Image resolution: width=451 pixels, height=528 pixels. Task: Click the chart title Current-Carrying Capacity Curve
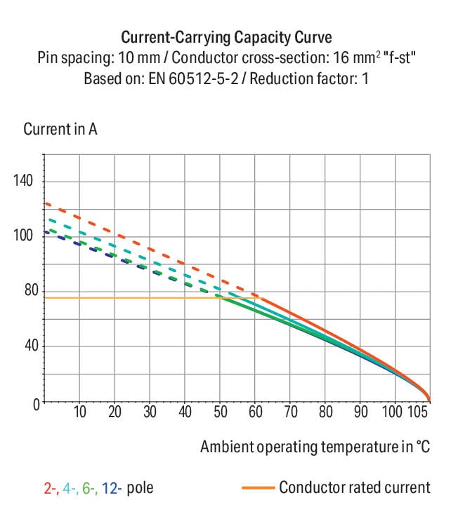click(x=225, y=37)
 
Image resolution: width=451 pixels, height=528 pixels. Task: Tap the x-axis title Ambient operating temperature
click(x=314, y=447)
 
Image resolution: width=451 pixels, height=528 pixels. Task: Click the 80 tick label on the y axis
click(x=30, y=291)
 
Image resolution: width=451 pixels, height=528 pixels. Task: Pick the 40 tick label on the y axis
click(x=30, y=346)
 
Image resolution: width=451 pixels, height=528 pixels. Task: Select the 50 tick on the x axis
click(x=220, y=412)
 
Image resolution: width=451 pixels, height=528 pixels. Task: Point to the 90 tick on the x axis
click(x=360, y=412)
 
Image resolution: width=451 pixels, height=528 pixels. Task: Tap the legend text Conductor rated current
click(x=354, y=487)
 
